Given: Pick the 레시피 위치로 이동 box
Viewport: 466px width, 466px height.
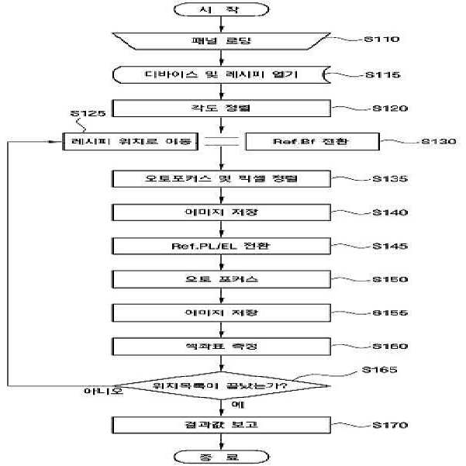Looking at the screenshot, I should [130, 142].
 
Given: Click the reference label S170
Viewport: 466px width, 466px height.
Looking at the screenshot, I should [390, 425].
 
